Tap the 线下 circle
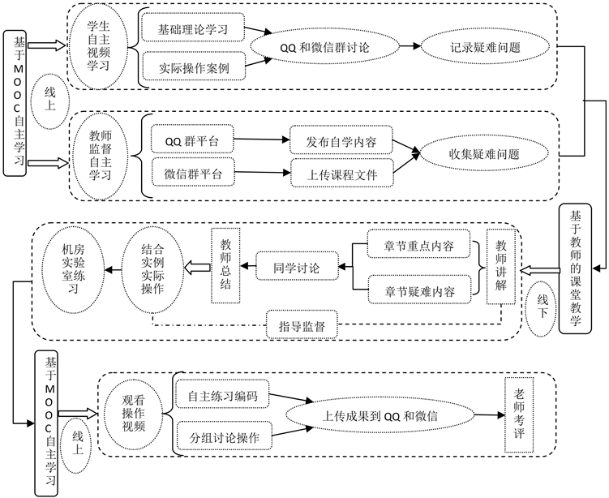pos(543,309)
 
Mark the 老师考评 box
pos(519,415)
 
